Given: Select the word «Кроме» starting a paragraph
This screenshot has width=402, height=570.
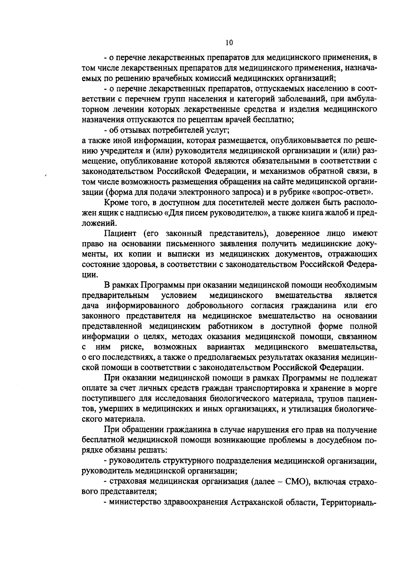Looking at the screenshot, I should [115, 203].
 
